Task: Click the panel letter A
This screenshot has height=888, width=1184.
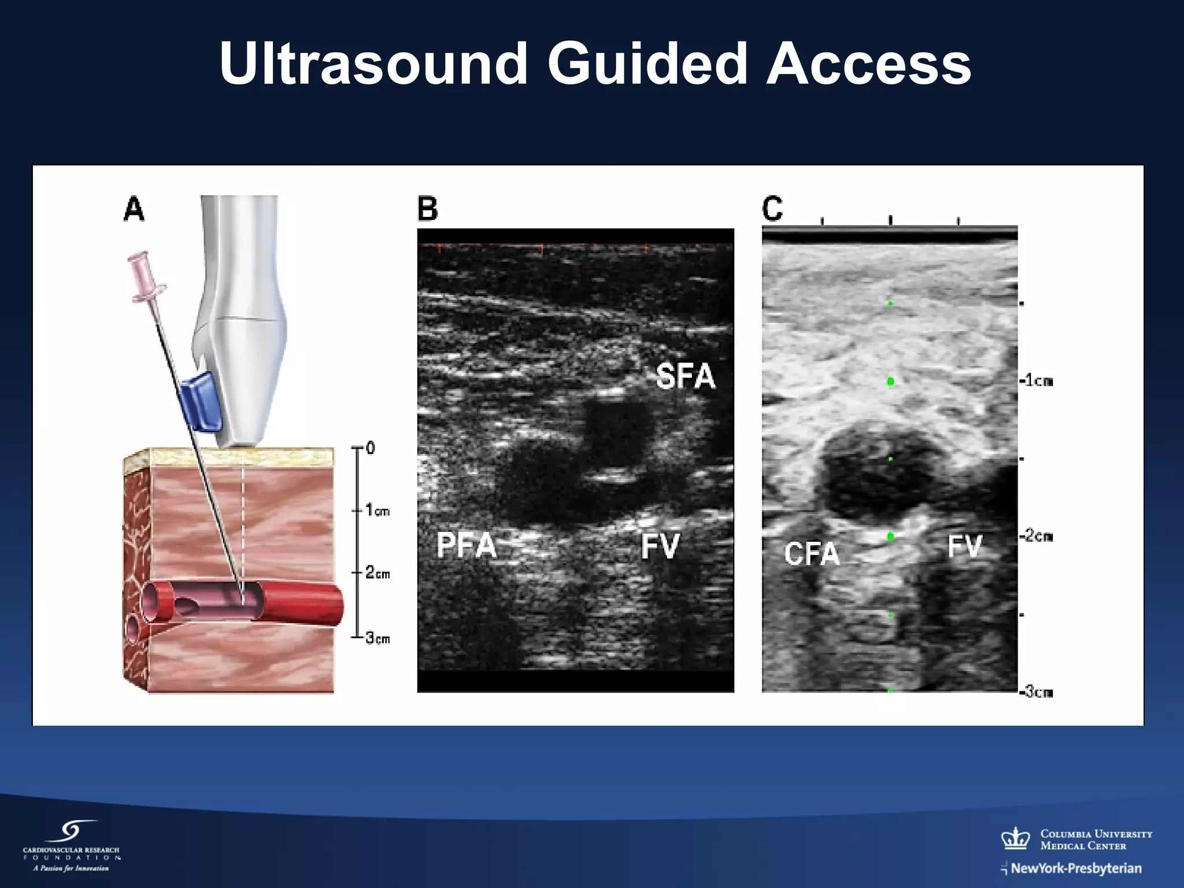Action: [134, 209]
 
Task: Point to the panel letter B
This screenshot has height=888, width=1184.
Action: [428, 209]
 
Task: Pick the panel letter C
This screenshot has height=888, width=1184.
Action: [772, 208]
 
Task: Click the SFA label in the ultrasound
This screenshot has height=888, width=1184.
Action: [686, 377]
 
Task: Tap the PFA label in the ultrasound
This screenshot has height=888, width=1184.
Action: [467, 545]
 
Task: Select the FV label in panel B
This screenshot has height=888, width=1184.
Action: [660, 546]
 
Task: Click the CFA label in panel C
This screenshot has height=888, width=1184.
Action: [812, 554]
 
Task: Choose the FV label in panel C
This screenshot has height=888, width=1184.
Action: [965, 546]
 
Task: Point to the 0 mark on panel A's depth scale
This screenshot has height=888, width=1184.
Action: [370, 448]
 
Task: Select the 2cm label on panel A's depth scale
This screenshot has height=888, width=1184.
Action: [378, 573]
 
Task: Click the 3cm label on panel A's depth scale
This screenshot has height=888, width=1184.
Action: [378, 638]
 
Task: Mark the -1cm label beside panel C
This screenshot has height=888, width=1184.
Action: [1036, 381]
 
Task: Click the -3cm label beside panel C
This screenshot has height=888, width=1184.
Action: [1036, 692]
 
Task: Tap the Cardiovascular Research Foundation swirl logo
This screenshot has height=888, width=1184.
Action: [72, 832]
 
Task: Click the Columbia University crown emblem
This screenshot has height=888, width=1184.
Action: [1016, 838]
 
